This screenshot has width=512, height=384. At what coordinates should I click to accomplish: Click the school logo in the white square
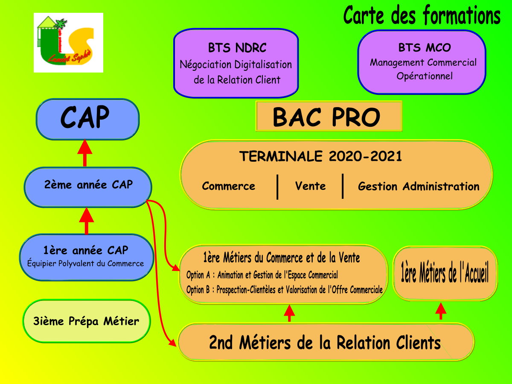pos(68,42)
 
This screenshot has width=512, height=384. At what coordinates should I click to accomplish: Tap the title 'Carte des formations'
pos(422,15)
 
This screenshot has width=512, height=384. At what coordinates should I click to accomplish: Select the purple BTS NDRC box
pos(236,63)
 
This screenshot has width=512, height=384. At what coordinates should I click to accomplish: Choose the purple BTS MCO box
pos(422,62)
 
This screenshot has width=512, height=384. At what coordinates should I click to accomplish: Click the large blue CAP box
pos(87,119)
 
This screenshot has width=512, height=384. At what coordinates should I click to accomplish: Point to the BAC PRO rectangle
pos(329,116)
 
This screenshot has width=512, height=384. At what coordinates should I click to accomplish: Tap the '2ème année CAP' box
pos(88,187)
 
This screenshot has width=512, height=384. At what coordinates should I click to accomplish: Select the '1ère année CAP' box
pos(87,257)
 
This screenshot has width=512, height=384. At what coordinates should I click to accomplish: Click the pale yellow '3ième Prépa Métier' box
pos(87,321)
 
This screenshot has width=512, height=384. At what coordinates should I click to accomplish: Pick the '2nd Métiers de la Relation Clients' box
pos(326,342)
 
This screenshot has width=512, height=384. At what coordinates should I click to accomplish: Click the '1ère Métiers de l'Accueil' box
pos(445,273)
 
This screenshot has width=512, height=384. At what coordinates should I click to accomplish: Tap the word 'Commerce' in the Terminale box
pos(229,186)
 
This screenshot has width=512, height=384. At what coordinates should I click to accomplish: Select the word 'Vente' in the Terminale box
pos(310,186)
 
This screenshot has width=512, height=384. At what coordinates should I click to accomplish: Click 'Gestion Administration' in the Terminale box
pos(419,186)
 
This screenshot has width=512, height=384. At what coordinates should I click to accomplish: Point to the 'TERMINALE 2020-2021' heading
pos(321,156)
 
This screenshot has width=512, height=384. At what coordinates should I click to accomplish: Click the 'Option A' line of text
pos(262,275)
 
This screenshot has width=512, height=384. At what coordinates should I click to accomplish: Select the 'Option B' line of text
pos(284,290)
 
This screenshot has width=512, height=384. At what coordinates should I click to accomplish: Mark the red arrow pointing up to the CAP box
pos(85,153)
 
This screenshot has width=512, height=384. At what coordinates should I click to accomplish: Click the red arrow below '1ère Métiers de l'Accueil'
pos(441,311)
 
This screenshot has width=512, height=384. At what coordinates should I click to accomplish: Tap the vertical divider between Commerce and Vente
pos(277,187)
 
